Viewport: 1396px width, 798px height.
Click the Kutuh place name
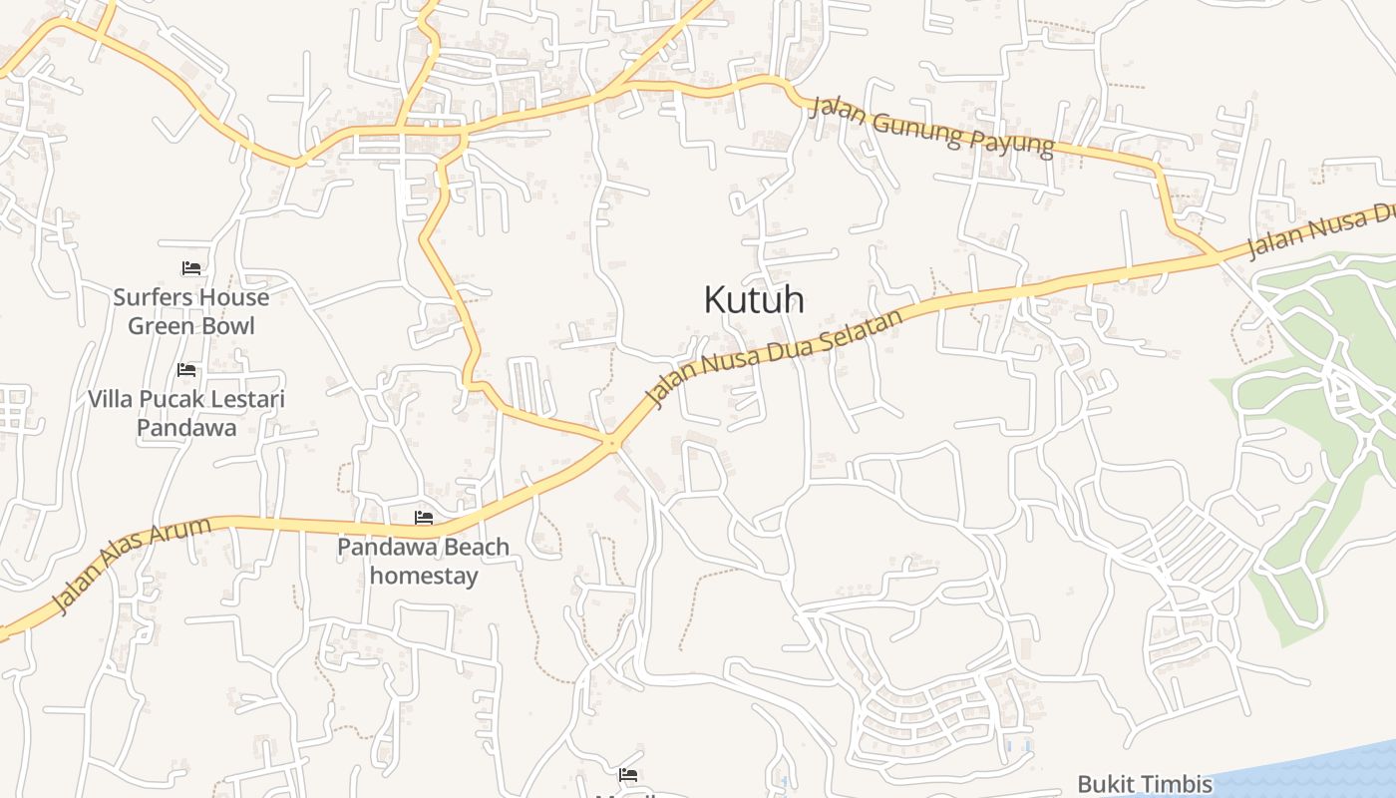click(754, 299)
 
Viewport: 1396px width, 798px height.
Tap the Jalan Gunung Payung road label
click(931, 127)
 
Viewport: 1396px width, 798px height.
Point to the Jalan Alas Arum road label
click(131, 564)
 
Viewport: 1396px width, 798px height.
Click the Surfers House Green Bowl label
click(190, 311)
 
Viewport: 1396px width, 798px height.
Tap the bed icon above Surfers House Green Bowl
click(191, 268)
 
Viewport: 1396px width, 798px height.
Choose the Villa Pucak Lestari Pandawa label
click(186, 413)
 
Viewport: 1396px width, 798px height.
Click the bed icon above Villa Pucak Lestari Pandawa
click(186, 370)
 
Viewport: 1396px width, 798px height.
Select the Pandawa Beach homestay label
click(424, 561)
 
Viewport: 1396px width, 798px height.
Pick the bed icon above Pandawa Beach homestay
click(424, 518)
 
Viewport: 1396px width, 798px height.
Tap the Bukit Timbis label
click(1145, 784)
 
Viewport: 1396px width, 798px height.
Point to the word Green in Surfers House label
click(163, 326)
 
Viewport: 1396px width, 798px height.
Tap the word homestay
click(424, 576)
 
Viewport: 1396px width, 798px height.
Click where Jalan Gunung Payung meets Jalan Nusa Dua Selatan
click(1217, 256)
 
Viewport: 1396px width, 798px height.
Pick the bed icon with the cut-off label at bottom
click(627, 774)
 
